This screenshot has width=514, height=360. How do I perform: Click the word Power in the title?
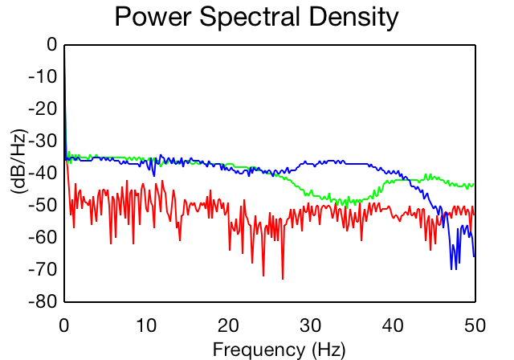153,17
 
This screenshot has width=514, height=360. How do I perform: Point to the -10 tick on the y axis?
43,77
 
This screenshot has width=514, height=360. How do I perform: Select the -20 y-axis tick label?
43,108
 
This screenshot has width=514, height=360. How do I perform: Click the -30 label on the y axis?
43,141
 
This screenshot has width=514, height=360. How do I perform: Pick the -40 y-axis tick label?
43,174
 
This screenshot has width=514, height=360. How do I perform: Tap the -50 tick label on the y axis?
43,206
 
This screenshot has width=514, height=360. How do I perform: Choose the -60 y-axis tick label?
43,237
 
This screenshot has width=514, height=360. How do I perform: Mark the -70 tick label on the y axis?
43,270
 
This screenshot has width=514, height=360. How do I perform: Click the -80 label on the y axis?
43,302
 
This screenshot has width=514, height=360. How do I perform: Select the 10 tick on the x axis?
146,326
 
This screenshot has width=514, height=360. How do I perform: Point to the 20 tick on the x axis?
228,326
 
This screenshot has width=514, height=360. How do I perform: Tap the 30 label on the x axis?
311,326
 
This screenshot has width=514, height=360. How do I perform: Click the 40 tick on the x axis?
393,326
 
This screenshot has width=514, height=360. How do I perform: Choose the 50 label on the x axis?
475,326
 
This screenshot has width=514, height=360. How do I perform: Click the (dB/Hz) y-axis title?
19,162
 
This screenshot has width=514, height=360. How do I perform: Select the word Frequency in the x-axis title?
259,350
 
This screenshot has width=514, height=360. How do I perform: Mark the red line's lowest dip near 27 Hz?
283,279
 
